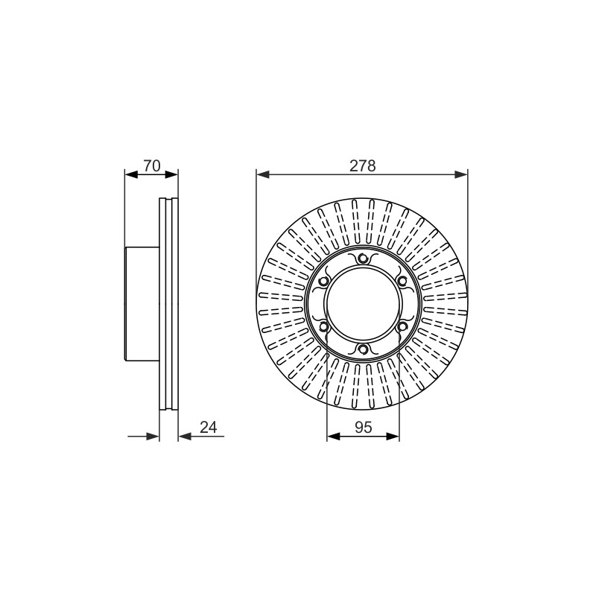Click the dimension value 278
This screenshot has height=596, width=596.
(362, 166)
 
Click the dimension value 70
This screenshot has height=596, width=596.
(152, 166)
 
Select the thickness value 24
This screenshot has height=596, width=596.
(208, 427)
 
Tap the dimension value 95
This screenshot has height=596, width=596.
(363, 427)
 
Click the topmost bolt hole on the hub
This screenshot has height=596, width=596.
(363, 259)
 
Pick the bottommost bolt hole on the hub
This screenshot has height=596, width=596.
(363, 349)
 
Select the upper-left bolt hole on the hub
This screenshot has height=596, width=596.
(324, 282)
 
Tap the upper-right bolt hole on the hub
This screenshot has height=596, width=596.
(402, 282)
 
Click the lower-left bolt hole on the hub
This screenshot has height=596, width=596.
(324, 326)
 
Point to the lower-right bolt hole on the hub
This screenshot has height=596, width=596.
(402, 326)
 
